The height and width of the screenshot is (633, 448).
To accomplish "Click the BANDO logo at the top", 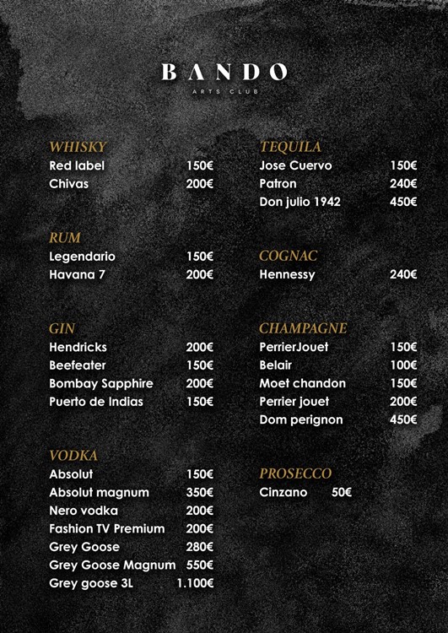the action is coord(224,73).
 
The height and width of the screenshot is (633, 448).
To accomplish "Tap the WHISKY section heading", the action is coord(78,147).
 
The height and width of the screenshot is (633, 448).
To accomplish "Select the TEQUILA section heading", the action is coord(290,147).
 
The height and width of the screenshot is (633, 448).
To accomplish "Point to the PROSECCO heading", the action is coord(295,473).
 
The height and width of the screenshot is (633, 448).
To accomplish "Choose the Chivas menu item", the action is coord(68,183).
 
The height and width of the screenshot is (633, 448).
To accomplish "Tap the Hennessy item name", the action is coord(287,274).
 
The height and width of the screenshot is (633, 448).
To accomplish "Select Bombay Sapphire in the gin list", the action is coord(100,383).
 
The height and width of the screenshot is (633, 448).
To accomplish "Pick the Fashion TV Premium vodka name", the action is coord(106,528).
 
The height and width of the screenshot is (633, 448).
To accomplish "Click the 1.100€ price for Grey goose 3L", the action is coord(195,583).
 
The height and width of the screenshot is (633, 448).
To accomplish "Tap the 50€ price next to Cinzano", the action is coord(342,492).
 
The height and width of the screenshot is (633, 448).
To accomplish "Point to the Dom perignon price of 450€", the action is coord(403,419).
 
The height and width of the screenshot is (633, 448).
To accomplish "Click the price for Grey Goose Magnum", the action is coord(200,565).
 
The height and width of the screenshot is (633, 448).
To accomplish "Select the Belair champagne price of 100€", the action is coord(403,365).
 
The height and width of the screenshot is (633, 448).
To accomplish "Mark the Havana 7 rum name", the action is coord(78,274).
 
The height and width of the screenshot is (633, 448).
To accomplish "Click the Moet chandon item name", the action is coord(303,383).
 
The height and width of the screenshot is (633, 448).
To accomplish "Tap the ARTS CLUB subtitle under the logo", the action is coord(224,91).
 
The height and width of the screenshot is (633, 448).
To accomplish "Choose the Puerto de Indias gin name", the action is coord(96,402).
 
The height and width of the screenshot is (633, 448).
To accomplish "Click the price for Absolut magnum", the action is coord(200,492).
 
